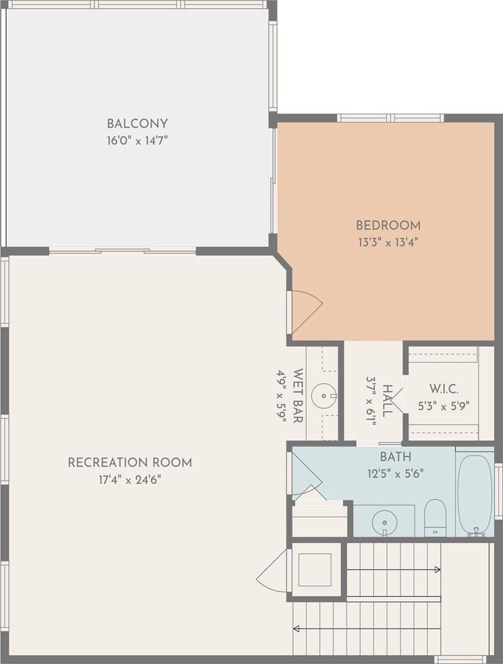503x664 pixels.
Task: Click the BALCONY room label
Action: (x=137, y=124)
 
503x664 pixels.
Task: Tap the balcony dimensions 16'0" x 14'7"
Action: (x=137, y=141)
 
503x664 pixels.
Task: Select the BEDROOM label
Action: (x=388, y=225)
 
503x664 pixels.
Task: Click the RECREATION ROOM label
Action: (x=130, y=462)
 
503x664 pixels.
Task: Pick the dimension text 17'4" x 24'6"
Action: (x=130, y=480)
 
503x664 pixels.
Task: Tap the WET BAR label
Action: (x=298, y=395)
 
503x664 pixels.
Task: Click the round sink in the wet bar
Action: (x=324, y=396)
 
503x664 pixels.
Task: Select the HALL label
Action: (x=387, y=401)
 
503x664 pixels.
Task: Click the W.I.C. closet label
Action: (x=444, y=388)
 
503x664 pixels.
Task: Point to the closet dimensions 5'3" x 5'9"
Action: (x=444, y=406)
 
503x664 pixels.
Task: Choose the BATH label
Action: (x=396, y=457)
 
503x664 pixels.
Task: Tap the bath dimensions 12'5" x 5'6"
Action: (x=396, y=473)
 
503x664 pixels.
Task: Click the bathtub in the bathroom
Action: (x=475, y=494)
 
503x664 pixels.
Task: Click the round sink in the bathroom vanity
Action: (x=385, y=522)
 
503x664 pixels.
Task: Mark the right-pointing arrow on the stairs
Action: (x=394, y=570)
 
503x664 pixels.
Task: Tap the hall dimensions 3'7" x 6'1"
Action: (x=371, y=401)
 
